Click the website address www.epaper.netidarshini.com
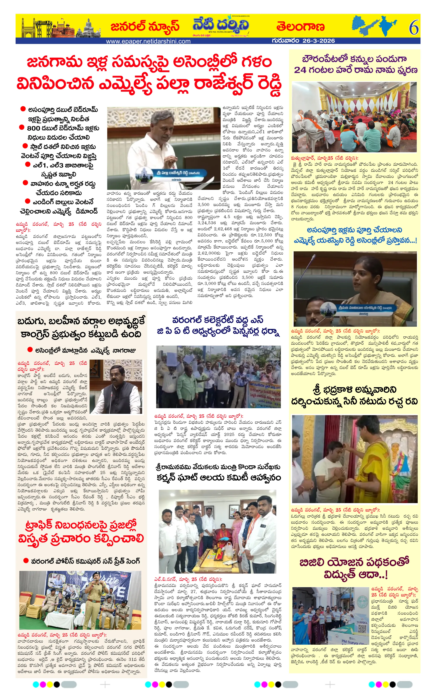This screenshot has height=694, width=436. [x=148, y=41]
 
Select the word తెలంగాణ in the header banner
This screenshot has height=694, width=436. [x=300, y=27]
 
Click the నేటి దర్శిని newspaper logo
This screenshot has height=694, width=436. [x=221, y=25]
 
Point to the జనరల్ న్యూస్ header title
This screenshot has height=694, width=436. [x=145, y=26]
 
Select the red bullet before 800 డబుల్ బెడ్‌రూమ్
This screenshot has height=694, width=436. [x=22, y=127]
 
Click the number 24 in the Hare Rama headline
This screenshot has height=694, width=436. [x=300, y=70]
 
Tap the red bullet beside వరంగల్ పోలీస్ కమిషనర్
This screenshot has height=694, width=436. [x=26, y=561]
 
